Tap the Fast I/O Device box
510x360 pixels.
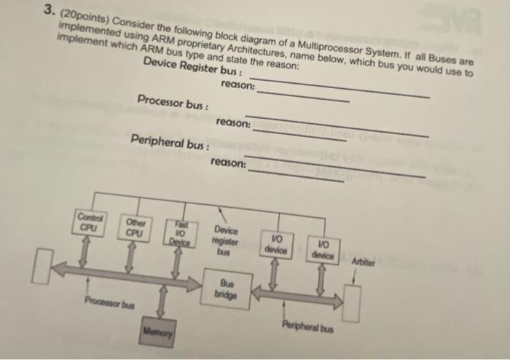(x=177, y=232)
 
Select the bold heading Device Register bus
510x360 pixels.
(x=191, y=67)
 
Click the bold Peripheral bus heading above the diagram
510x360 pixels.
(x=168, y=139)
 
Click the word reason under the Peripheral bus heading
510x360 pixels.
(x=227, y=162)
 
